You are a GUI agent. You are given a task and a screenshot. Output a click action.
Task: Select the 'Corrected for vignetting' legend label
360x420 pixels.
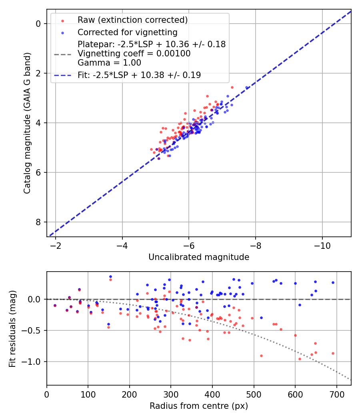point(128,32)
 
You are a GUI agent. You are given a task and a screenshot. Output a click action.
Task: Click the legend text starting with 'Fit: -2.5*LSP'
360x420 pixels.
point(139,75)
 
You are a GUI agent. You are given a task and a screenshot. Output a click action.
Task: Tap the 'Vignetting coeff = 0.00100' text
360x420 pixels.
point(134,54)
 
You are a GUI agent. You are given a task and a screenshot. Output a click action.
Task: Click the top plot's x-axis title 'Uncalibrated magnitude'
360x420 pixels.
point(199,257)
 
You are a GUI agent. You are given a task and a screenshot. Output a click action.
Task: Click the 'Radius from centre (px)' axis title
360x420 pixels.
point(199,406)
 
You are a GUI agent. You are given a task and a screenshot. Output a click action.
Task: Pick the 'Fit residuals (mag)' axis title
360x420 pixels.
point(12,328)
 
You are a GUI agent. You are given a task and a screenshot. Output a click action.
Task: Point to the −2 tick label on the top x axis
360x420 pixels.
point(56,246)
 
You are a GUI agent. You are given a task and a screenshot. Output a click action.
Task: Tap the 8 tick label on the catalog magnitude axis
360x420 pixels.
point(39,222)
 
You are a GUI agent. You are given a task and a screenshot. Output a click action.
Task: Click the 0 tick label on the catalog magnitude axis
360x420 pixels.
point(39,24)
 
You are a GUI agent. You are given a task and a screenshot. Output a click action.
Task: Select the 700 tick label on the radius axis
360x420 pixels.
point(336,394)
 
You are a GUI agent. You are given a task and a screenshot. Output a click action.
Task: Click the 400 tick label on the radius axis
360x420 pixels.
point(212,394)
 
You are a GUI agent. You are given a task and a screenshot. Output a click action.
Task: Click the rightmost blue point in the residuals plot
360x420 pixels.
point(333,282)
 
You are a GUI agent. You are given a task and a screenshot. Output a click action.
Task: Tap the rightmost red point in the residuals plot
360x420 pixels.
point(333,353)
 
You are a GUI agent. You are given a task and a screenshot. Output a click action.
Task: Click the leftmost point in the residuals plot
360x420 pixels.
point(55,305)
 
